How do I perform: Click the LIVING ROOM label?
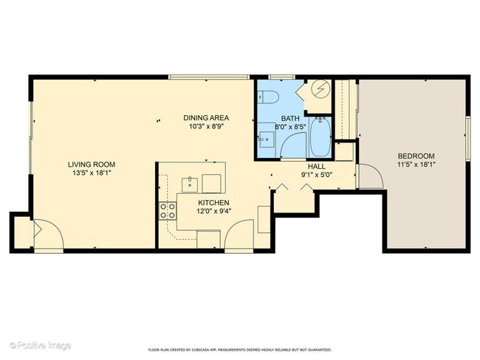click(92, 165)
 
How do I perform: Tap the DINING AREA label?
click(206, 118)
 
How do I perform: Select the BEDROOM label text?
click(416, 156)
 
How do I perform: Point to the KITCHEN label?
click(213, 203)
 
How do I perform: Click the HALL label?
click(317, 167)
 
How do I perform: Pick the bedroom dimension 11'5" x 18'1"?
click(416, 165)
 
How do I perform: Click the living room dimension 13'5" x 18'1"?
click(92, 173)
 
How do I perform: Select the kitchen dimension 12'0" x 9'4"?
click(213, 211)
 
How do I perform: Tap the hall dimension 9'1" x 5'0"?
click(317, 175)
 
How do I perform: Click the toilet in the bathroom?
click(268, 97)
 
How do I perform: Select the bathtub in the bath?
click(320, 136)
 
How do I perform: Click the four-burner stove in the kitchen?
click(168, 211)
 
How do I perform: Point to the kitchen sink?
click(190, 185)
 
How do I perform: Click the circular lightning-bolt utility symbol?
click(320, 89)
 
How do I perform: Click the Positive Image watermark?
click(41, 346)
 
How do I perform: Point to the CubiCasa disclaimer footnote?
click(240, 350)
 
